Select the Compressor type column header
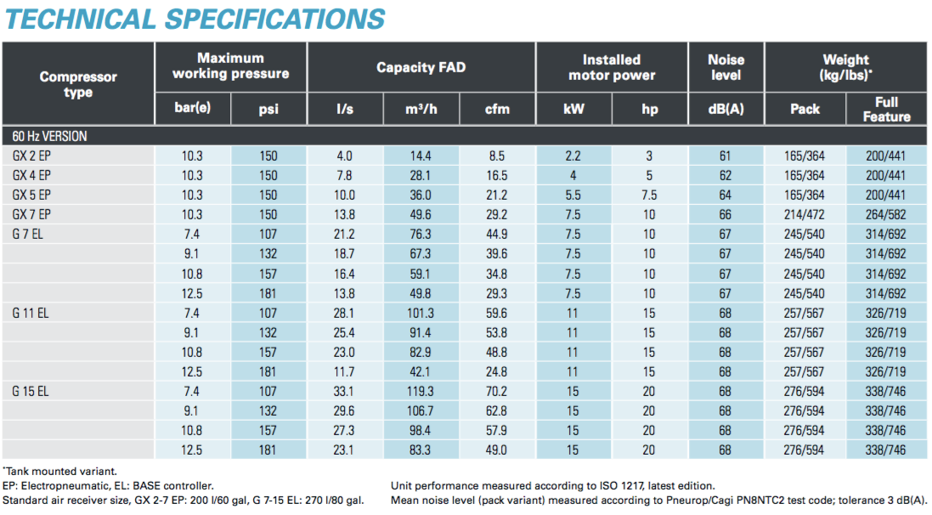[x=78, y=84]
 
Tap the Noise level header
[x=726, y=67]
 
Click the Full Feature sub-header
[x=886, y=109]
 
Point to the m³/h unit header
[x=421, y=109]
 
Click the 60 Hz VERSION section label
[x=49, y=136]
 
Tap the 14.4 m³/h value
[x=421, y=156]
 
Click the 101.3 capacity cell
[x=421, y=313]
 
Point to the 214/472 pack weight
[x=805, y=214]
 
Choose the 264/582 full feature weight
[x=886, y=214]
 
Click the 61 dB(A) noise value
[x=725, y=156]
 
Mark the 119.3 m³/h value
[x=421, y=391]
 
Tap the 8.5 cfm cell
[x=497, y=156]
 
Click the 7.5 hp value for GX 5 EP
[x=649, y=195]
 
